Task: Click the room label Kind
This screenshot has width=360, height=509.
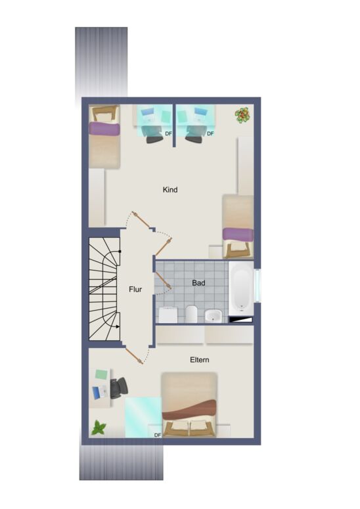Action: pyautogui.click(x=170, y=190)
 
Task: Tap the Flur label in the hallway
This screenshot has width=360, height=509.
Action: pyautogui.click(x=135, y=289)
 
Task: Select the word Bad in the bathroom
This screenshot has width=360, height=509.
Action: pyautogui.click(x=198, y=283)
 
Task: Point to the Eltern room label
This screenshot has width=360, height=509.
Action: pyautogui.click(x=199, y=360)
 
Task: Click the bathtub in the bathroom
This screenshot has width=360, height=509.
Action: pyautogui.click(x=241, y=288)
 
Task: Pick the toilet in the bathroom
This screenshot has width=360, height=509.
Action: pyautogui.click(x=191, y=314)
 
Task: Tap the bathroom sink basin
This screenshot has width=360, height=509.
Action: pyautogui.click(x=214, y=315)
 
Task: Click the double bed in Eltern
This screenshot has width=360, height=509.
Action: pyautogui.click(x=189, y=404)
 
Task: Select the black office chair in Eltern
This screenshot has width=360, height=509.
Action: pyautogui.click(x=118, y=388)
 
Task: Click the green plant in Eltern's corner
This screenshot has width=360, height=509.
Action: pyautogui.click(x=99, y=428)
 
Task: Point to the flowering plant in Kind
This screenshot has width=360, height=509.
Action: pyautogui.click(x=242, y=115)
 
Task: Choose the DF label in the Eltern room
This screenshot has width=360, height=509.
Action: pyautogui.click(x=158, y=435)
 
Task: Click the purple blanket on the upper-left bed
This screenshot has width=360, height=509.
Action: pyautogui.click(x=104, y=129)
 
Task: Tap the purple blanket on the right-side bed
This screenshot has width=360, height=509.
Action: pyautogui.click(x=238, y=234)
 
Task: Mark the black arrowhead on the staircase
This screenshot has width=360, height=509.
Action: pyautogui.click(x=118, y=327)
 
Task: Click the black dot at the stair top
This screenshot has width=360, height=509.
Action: pyautogui.click(x=120, y=252)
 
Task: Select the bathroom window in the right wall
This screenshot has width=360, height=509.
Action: pyautogui.click(x=258, y=285)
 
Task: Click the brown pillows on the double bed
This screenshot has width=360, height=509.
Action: pyautogui.click(x=189, y=426)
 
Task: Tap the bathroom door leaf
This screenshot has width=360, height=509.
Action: pyautogui.click(x=164, y=280)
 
